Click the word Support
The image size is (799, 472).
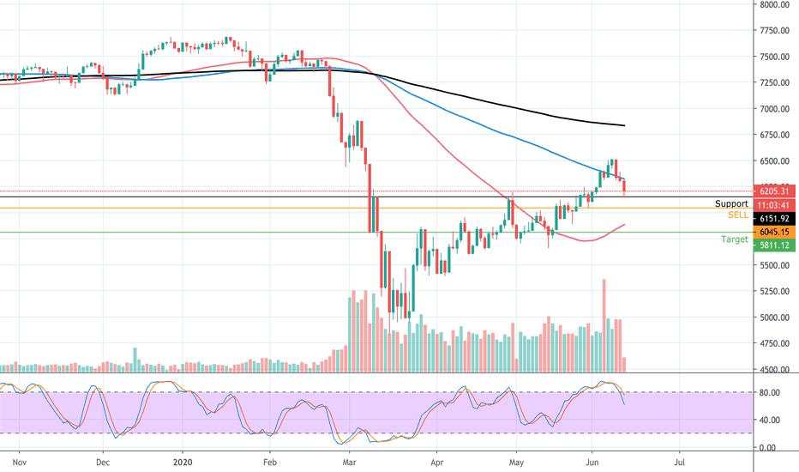point(731,204)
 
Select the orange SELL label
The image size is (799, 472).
point(737,215)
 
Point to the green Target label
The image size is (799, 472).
point(734,239)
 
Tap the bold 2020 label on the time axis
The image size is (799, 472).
point(184,461)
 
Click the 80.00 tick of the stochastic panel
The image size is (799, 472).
point(769,393)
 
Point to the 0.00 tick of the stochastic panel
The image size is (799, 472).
point(769,448)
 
